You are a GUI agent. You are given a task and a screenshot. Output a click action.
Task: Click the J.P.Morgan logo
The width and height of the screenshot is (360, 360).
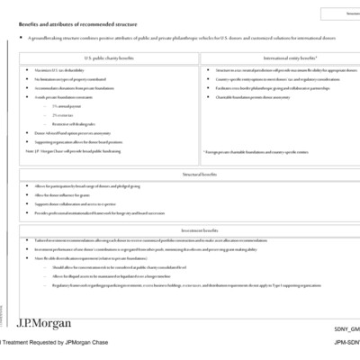click(x=44, y=322)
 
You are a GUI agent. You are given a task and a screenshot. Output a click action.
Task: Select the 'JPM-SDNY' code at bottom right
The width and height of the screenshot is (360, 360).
click(x=346, y=343)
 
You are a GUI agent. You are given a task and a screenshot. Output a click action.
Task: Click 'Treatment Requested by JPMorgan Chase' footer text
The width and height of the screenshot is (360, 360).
click(x=54, y=343)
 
